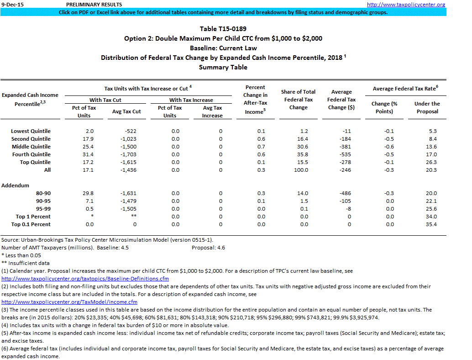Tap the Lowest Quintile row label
[x=31, y=131]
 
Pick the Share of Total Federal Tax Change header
[x=298, y=100]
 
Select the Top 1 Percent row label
[x=33, y=217]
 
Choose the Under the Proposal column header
[x=427, y=107]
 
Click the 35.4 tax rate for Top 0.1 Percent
[x=430, y=224]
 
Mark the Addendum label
[x=15, y=185]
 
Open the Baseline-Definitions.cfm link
[x=85, y=279]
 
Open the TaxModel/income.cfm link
[x=69, y=302]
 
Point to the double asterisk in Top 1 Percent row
[x=133, y=217]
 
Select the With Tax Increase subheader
[x=191, y=100]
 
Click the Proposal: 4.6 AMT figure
[x=208, y=248]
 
